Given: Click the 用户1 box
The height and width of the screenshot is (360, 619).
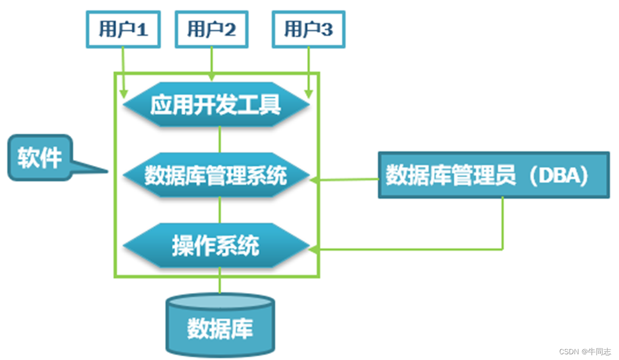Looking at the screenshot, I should (x=123, y=30).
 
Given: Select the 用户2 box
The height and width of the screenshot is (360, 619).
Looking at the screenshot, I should (x=211, y=30).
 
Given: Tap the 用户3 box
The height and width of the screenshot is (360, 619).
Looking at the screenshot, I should (x=308, y=30).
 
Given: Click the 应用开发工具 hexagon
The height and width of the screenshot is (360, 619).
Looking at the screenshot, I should (x=216, y=105).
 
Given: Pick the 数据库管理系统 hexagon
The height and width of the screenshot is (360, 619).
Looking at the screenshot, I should (x=216, y=176).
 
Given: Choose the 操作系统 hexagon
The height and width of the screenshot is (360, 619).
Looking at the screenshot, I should (x=216, y=246).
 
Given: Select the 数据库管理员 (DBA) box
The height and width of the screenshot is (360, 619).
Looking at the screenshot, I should (x=493, y=176).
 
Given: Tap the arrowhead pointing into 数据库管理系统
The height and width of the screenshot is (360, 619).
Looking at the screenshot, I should (x=314, y=180).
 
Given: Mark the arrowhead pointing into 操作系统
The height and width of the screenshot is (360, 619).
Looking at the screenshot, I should (x=314, y=249).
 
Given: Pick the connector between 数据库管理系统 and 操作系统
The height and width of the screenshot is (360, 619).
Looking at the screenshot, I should (x=220, y=210).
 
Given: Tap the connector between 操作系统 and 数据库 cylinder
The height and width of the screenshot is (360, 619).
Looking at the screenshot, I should (x=220, y=281).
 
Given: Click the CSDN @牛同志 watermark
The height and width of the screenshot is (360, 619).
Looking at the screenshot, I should (x=585, y=352).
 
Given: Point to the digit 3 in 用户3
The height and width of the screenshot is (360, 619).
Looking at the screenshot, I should (x=327, y=30).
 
